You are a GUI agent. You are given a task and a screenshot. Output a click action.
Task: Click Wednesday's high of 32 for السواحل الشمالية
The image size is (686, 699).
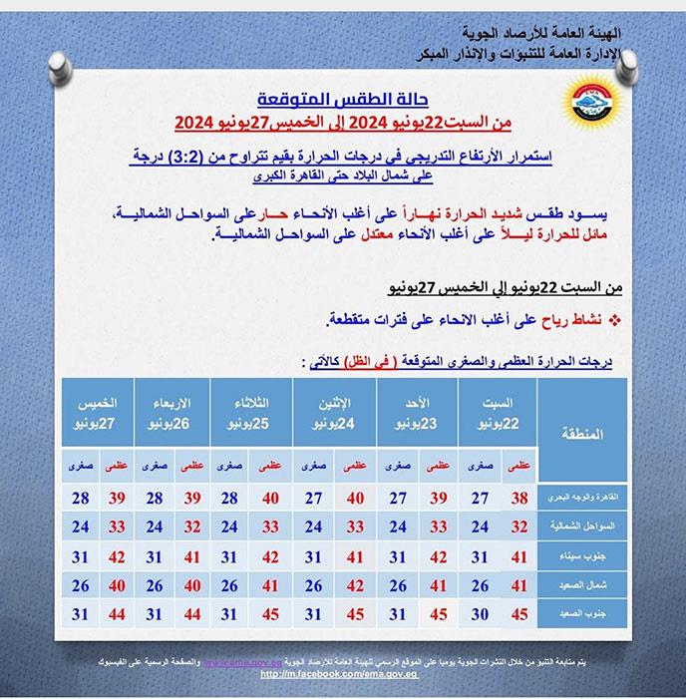click(194, 525)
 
